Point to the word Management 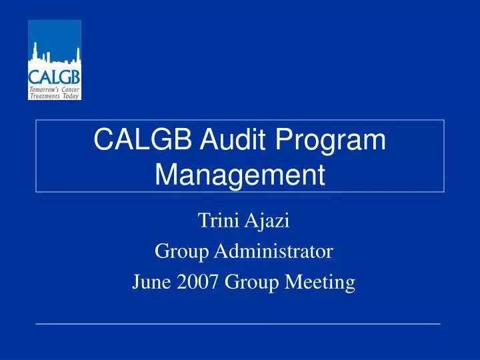[240, 174]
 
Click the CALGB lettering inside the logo [54, 73]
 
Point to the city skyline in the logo [54, 54]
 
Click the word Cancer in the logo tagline [70, 89]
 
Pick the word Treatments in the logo [45, 96]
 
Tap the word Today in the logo [71, 96]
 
